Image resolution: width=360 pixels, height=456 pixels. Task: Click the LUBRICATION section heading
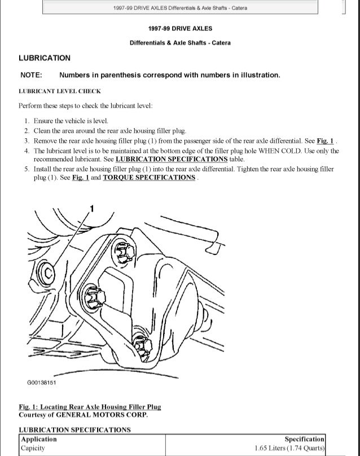(x=45, y=58)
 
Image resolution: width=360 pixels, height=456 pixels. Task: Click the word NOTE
(x=31, y=75)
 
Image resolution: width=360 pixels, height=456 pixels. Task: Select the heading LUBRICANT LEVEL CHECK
(x=60, y=91)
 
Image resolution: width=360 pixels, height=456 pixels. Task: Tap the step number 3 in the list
(x=27, y=141)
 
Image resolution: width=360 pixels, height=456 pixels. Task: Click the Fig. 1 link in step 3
(x=324, y=141)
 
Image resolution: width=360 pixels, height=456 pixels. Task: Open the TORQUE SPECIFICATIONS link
(x=149, y=177)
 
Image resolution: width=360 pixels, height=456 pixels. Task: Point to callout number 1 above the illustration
(x=92, y=210)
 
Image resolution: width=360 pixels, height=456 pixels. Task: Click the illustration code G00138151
(x=41, y=383)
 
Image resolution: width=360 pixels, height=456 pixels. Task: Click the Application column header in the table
(x=39, y=439)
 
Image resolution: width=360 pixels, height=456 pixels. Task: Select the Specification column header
(x=304, y=439)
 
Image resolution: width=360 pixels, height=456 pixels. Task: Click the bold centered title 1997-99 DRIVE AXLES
(x=180, y=28)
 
